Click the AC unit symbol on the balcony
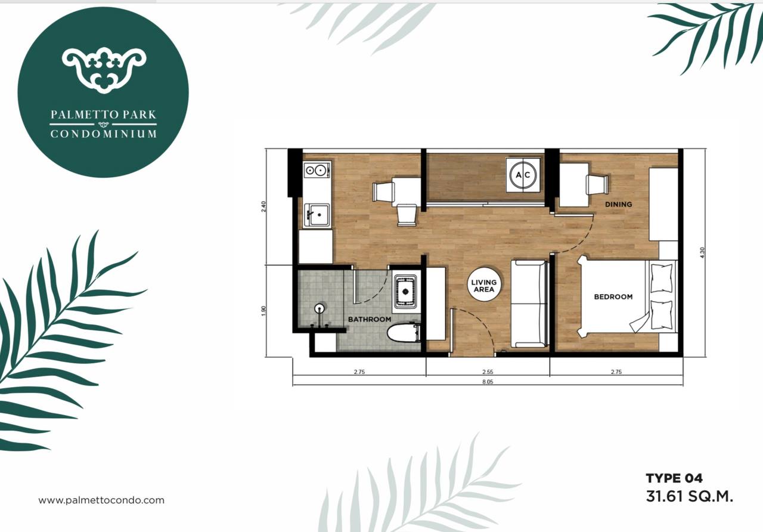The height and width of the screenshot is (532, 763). click(x=523, y=175)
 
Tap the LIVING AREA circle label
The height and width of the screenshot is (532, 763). click(x=484, y=286)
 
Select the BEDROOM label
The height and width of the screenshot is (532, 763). click(x=613, y=297)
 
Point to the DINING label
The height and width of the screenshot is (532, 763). click(x=618, y=205)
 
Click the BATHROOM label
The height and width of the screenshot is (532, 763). click(x=369, y=319)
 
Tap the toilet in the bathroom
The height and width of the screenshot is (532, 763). click(x=404, y=333)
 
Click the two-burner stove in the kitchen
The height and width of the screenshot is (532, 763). click(x=317, y=170)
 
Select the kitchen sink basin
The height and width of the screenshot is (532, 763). click(x=317, y=215)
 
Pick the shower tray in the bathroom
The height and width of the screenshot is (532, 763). click(x=405, y=292)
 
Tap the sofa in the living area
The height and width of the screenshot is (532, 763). click(x=529, y=304)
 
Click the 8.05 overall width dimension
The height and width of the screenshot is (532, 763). click(x=488, y=382)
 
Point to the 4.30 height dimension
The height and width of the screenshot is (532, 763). click(x=702, y=252)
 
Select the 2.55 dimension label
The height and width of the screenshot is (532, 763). click(x=488, y=372)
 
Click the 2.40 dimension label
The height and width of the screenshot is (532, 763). click(x=263, y=207)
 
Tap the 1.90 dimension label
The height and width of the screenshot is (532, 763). click(x=263, y=311)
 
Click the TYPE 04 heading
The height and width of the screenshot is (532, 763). click(x=674, y=478)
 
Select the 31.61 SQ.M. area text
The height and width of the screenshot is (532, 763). click(x=690, y=497)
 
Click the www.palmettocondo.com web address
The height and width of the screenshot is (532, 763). click(x=101, y=500)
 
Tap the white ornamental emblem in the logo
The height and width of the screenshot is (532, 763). click(x=104, y=70)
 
